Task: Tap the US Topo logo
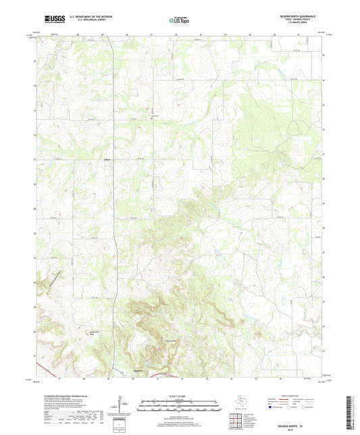point(178,20)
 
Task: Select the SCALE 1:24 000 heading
point(178,396)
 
